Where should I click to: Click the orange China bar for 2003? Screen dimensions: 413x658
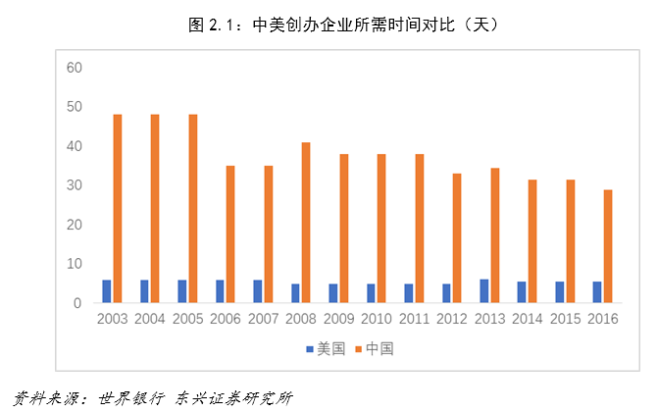(x=118, y=209)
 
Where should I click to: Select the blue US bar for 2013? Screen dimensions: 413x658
(x=484, y=291)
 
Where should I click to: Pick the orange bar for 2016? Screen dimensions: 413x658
(x=608, y=246)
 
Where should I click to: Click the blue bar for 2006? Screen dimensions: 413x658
(x=220, y=291)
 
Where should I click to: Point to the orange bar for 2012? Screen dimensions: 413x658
(x=457, y=238)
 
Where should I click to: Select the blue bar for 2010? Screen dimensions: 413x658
(x=371, y=293)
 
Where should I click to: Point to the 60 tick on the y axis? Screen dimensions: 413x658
(x=75, y=68)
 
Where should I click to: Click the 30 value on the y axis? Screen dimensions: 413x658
(x=75, y=185)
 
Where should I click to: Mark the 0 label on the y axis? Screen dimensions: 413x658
(x=78, y=303)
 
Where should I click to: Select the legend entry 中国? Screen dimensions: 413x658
(x=380, y=348)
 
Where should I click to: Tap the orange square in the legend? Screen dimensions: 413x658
(x=360, y=348)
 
